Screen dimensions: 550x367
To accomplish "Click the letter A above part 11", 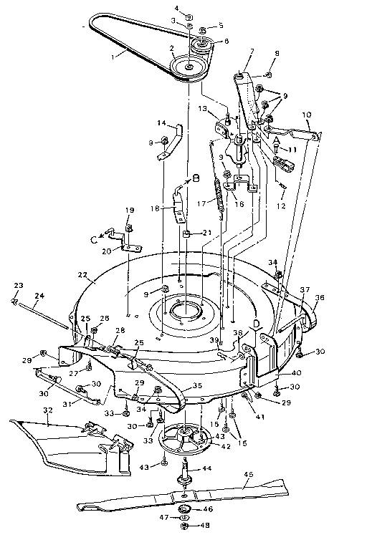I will click(x=277, y=138).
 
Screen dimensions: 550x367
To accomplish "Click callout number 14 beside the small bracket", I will click(x=161, y=123).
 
